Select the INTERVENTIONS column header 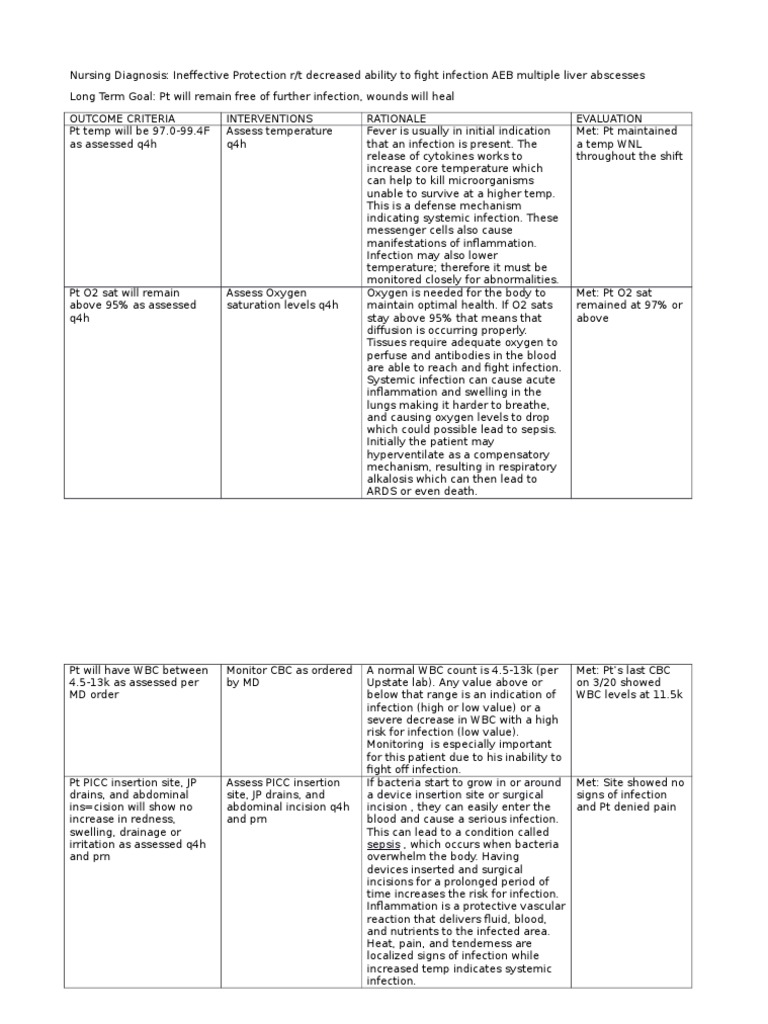click(269, 118)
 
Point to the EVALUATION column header click(610, 118)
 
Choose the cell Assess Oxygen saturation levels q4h click(283, 299)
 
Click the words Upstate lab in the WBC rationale click(397, 682)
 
